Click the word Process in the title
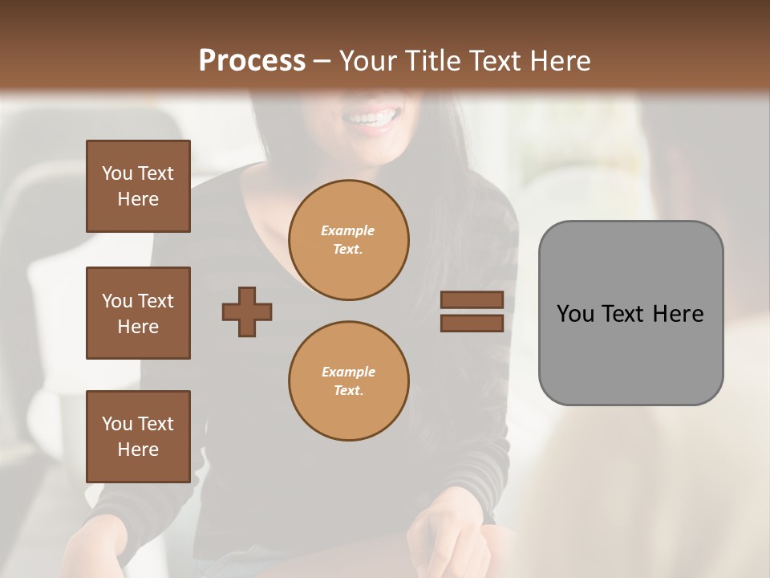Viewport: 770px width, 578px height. (x=252, y=61)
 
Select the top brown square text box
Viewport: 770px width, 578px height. (x=138, y=186)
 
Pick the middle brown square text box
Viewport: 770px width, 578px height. (x=138, y=313)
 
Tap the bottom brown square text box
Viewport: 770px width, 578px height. (x=138, y=436)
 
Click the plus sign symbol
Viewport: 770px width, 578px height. (x=247, y=311)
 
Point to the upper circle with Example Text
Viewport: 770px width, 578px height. (x=348, y=240)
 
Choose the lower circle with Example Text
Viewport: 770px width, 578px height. (x=348, y=381)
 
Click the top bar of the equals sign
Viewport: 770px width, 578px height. (x=472, y=300)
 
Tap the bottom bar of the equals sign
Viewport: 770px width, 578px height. (x=472, y=323)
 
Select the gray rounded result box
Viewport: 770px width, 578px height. (x=630, y=313)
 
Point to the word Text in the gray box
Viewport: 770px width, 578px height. (x=623, y=314)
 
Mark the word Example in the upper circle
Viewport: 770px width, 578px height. (x=348, y=231)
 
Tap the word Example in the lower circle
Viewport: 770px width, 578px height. (x=348, y=372)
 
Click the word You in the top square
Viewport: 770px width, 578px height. (x=117, y=173)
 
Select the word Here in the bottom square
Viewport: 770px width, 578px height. (x=138, y=450)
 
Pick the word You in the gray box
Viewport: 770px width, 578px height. (x=574, y=314)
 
